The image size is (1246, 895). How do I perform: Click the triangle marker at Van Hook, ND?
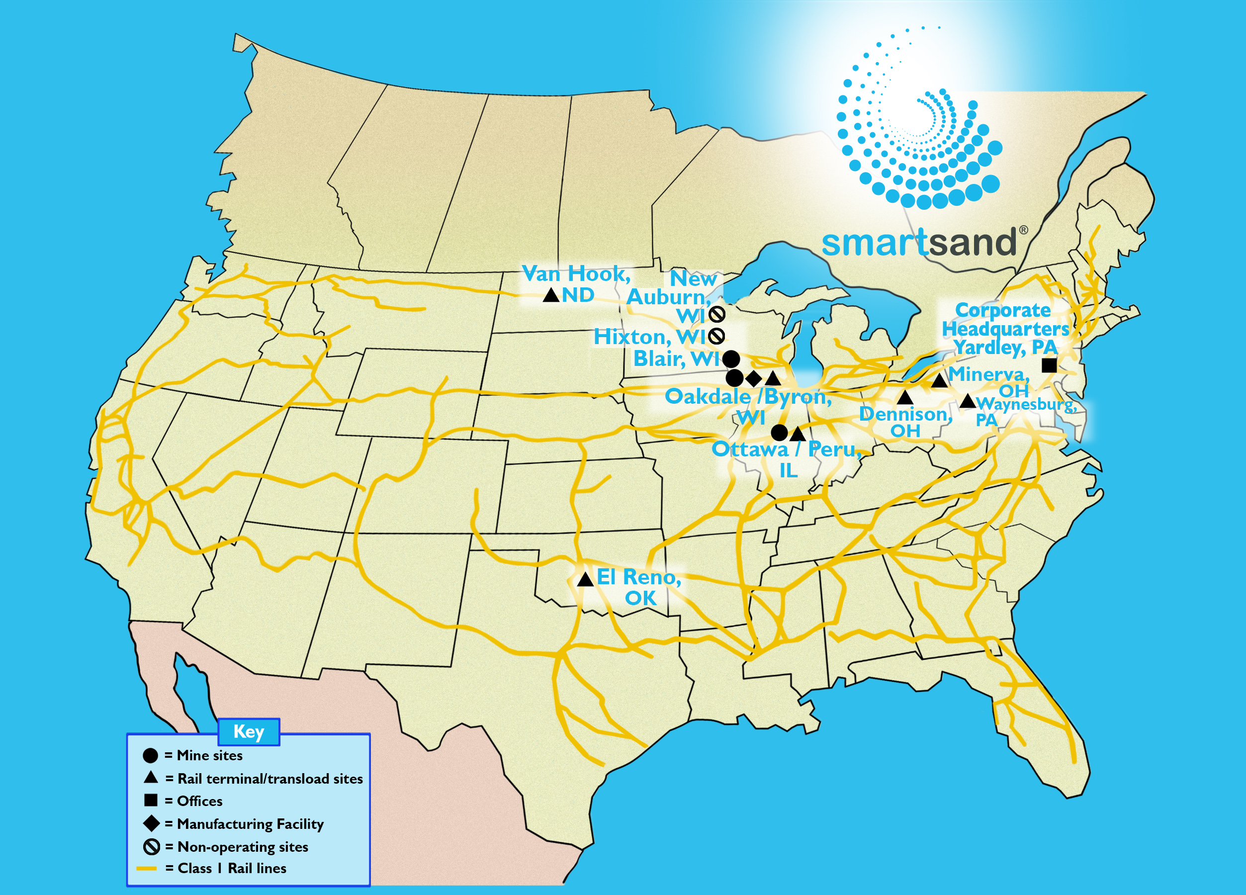pyautogui.click(x=551, y=295)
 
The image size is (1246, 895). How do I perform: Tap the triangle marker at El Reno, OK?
pyautogui.click(x=585, y=579)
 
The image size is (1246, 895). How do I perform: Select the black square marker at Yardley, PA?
pyautogui.click(x=1049, y=365)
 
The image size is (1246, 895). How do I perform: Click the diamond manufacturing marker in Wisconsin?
pyautogui.click(x=754, y=378)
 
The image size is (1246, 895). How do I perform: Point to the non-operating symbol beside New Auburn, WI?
pyautogui.click(x=716, y=314)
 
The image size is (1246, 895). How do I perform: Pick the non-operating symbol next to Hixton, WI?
pyautogui.click(x=716, y=336)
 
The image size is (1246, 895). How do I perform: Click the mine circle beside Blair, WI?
pyautogui.click(x=731, y=359)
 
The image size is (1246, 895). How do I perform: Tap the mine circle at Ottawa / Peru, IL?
pyautogui.click(x=779, y=433)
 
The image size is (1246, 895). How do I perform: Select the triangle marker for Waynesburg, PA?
pyautogui.click(x=968, y=401)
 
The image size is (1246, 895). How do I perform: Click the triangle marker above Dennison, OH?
pyautogui.click(x=905, y=397)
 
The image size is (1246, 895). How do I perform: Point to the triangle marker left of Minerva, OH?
pyautogui.click(x=939, y=380)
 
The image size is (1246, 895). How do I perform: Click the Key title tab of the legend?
pyautogui.click(x=249, y=732)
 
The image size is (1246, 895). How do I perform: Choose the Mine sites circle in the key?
pyautogui.click(x=151, y=755)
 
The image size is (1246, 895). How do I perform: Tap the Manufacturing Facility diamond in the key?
pyautogui.click(x=151, y=823)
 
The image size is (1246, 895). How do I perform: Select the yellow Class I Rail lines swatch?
pyautogui.click(x=147, y=869)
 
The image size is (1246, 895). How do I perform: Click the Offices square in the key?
pyautogui.click(x=151, y=801)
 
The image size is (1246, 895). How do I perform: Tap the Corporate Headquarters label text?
pyautogui.click(x=1005, y=320)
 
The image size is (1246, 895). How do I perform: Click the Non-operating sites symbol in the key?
pyautogui.click(x=151, y=847)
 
